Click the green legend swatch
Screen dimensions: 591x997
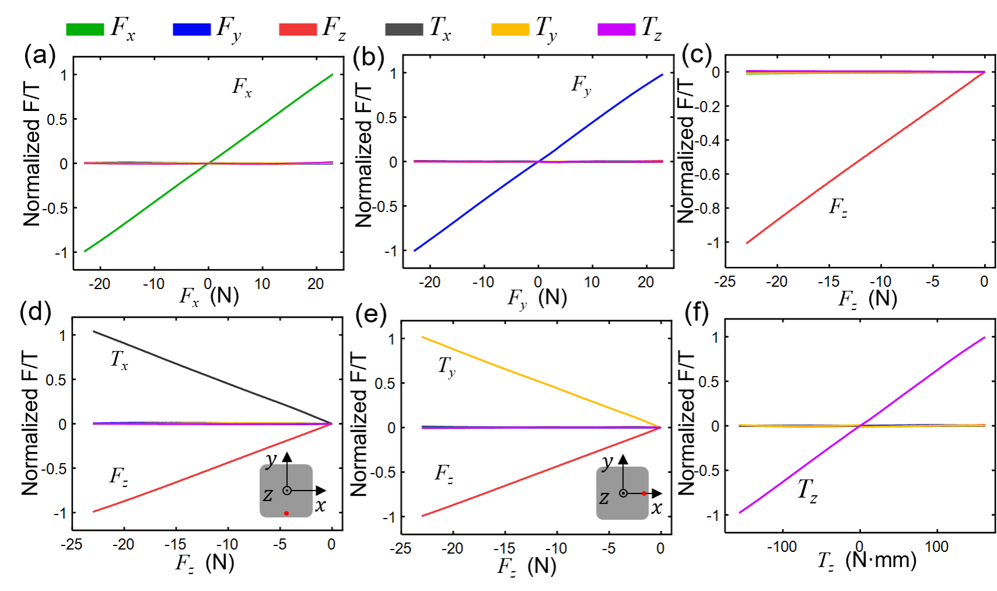(x=85, y=30)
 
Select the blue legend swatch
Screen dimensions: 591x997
(x=191, y=30)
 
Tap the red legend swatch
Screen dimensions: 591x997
(x=298, y=30)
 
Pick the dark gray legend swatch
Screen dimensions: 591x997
(x=404, y=30)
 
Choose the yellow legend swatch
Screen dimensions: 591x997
(x=510, y=30)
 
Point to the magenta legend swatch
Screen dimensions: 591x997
(x=616, y=30)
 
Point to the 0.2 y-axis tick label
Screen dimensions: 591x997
(x=710, y=106)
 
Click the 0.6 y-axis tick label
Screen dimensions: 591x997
(x=710, y=174)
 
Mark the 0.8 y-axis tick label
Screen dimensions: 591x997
(x=710, y=208)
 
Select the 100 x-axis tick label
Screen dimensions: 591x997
(x=937, y=547)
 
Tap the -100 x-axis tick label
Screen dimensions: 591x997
(x=782, y=547)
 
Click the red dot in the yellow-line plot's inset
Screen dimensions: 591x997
(x=644, y=493)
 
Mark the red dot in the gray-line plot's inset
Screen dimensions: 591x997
(x=286, y=513)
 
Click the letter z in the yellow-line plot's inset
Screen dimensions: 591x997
(x=604, y=499)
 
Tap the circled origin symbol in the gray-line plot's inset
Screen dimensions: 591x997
(x=287, y=491)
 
